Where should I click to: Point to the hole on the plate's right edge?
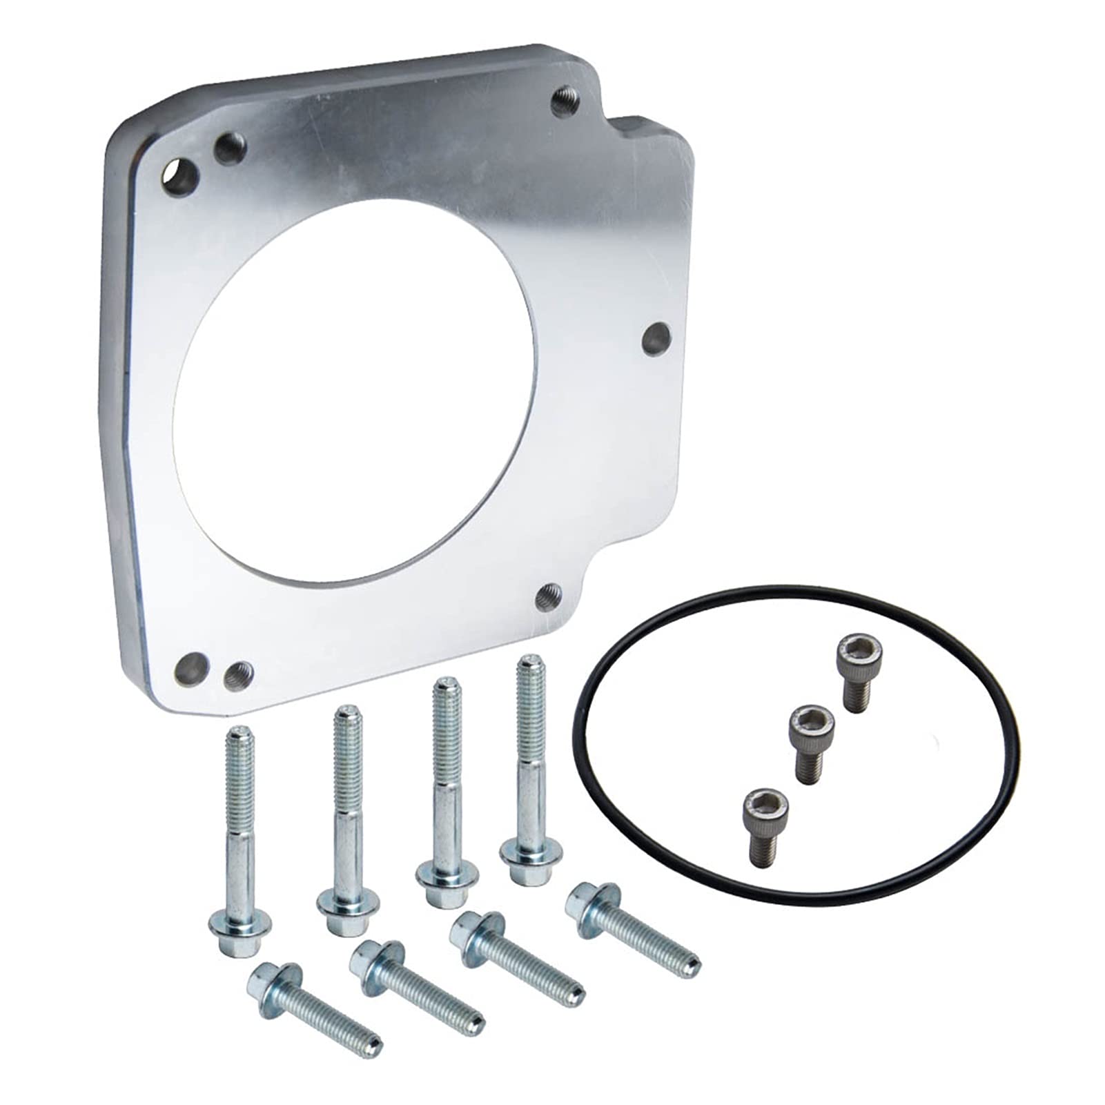click(x=656, y=338)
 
